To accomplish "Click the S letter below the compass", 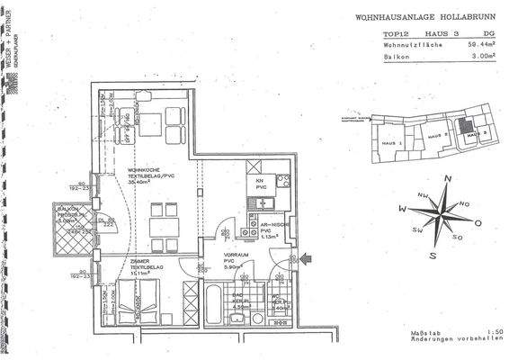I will pyautogui.click(x=433, y=256).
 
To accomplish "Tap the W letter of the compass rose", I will pyautogui.click(x=404, y=210).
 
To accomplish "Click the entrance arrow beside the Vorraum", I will pyautogui.click(x=308, y=259).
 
